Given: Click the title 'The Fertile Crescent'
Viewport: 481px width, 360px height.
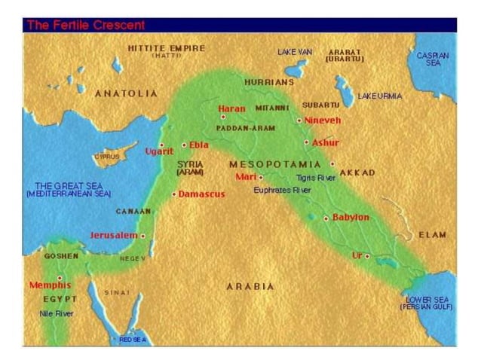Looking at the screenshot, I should [85, 25].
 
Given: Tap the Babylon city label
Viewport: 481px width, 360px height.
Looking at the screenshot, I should [351, 217].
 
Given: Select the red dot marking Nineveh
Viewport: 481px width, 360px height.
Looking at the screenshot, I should [299, 121].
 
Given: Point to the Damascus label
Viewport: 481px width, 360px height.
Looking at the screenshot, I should [201, 194].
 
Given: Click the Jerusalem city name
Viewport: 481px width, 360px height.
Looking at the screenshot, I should [113, 235].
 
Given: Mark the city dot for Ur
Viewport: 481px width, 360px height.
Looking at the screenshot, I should [367, 256].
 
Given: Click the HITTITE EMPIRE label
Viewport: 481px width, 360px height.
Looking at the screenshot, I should [166, 48].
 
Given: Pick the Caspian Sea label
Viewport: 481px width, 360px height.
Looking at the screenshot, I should [432, 59].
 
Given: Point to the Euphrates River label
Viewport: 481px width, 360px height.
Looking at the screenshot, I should [282, 191].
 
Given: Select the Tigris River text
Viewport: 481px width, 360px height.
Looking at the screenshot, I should [316, 178].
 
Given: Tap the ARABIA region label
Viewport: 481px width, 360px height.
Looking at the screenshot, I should [250, 286].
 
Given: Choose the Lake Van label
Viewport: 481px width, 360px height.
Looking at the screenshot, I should [294, 51].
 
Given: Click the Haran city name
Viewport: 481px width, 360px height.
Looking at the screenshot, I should [231, 108].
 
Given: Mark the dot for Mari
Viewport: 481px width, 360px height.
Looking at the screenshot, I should [261, 178].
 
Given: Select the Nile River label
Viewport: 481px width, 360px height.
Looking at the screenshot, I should [56, 313].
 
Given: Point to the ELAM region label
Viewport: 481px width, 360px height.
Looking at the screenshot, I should [432, 235].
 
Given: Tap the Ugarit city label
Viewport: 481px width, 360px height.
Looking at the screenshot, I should [159, 151].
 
